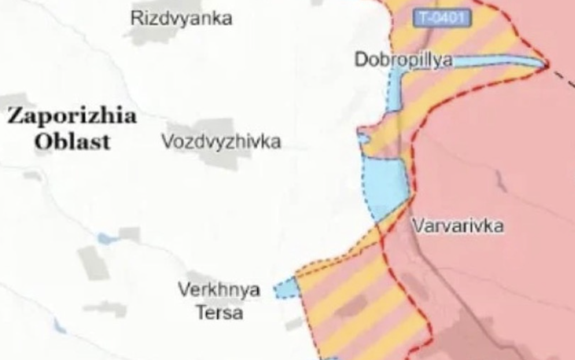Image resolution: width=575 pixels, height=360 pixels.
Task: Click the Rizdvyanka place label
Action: coord(181,19)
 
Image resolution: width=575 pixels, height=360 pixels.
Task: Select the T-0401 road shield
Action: coord(443,19)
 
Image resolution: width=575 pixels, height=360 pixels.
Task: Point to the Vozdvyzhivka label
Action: coord(221,142)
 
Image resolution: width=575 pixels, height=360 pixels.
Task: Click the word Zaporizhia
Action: coord(72,116)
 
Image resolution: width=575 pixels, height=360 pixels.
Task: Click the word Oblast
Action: coord(72,142)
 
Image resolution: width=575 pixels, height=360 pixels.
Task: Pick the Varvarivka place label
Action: coord(458,226)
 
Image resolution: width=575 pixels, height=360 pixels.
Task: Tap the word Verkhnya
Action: coord(219,289)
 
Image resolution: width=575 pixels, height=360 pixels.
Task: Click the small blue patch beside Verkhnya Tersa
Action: coord(285,288)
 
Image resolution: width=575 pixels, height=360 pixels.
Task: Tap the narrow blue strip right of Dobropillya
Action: coord(492,61)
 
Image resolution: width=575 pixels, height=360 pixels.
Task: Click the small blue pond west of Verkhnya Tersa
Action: coord(105,238)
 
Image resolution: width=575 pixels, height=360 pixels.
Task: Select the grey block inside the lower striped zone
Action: coord(350,306)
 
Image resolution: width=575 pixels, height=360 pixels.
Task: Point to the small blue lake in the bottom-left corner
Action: coord(60,327)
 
